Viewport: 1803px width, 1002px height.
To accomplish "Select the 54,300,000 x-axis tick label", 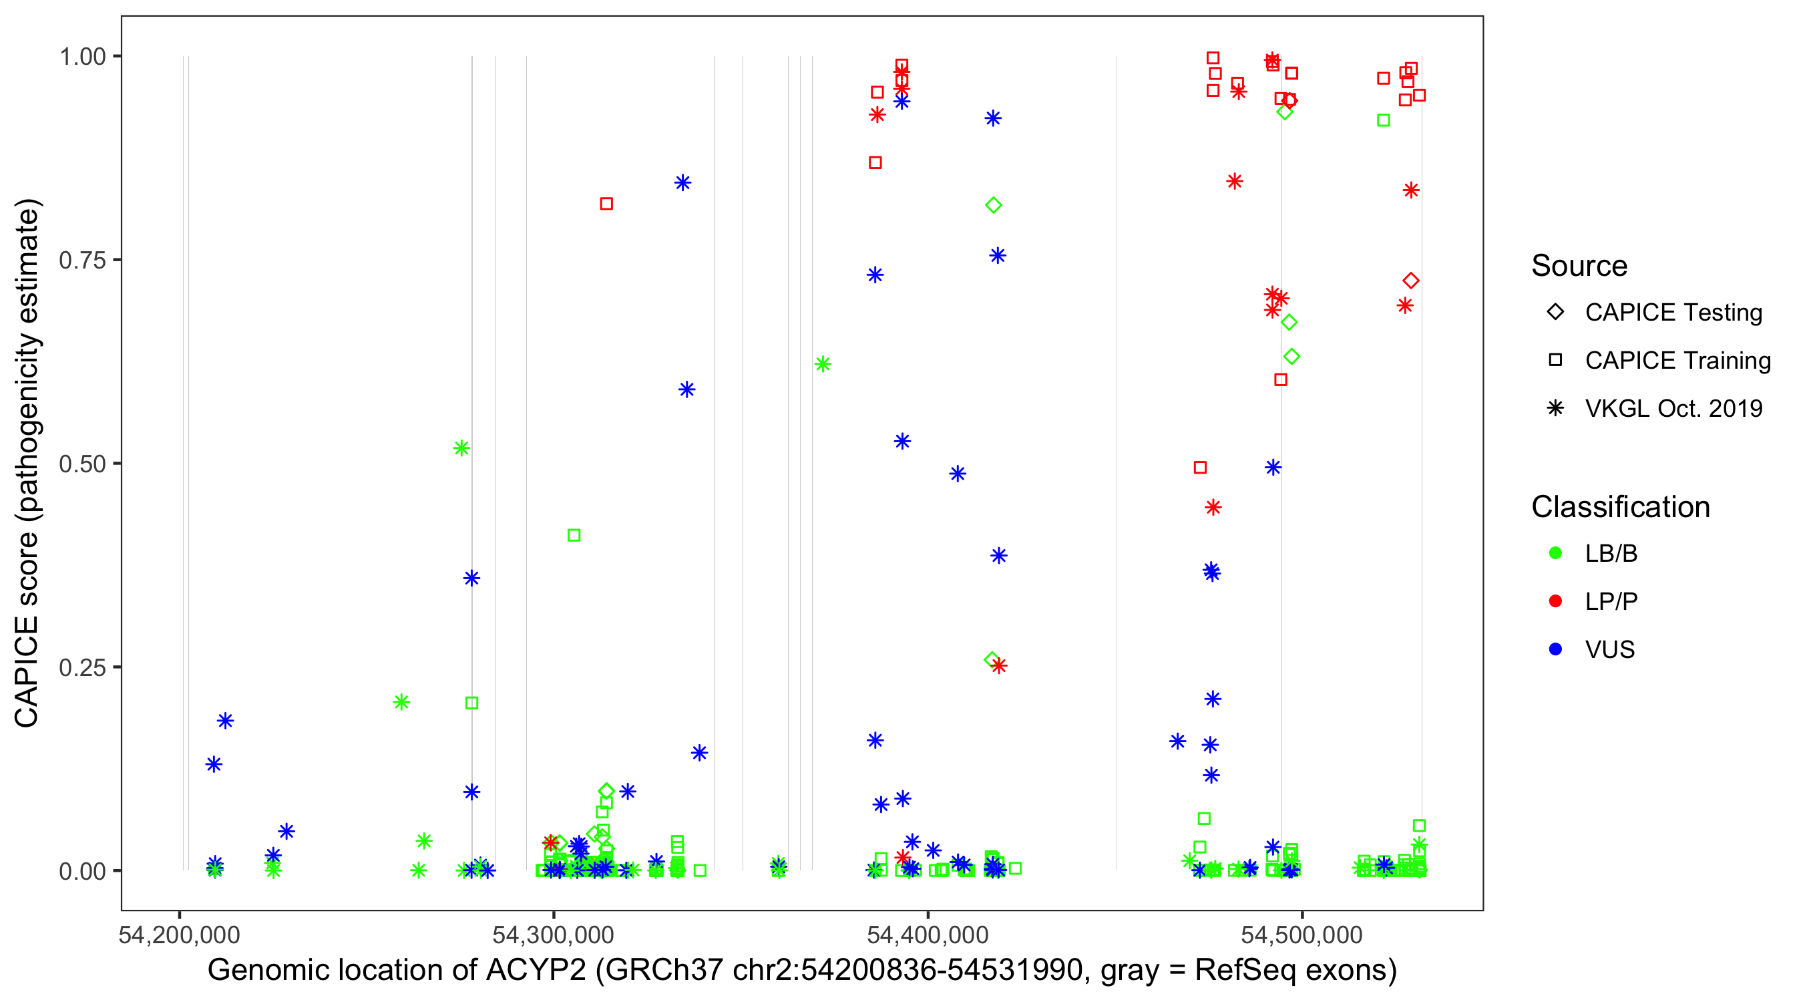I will tap(553, 935).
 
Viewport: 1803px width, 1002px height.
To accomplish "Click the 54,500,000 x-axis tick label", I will tap(1302, 935).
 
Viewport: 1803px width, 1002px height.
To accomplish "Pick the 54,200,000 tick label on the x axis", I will tap(179, 935).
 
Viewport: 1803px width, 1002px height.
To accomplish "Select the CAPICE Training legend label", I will tap(1677, 361).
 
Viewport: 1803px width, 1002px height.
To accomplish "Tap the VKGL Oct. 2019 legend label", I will tap(1673, 408).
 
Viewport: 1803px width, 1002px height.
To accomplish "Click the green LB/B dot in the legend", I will tap(1555, 553).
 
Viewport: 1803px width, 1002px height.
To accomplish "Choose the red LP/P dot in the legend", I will tap(1555, 601).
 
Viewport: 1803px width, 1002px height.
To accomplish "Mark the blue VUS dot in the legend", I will tap(1555, 649).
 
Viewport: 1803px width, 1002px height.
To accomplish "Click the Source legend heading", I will tap(1579, 266).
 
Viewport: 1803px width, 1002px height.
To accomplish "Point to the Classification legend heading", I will tap(1620, 507).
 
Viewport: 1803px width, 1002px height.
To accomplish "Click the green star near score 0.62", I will tap(823, 364).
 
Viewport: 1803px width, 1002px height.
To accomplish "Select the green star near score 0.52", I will tap(461, 448).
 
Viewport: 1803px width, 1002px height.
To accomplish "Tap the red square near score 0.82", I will tap(607, 204).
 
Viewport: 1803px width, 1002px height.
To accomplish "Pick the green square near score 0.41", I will tap(574, 536).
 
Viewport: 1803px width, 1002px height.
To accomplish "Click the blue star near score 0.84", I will tap(682, 183).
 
